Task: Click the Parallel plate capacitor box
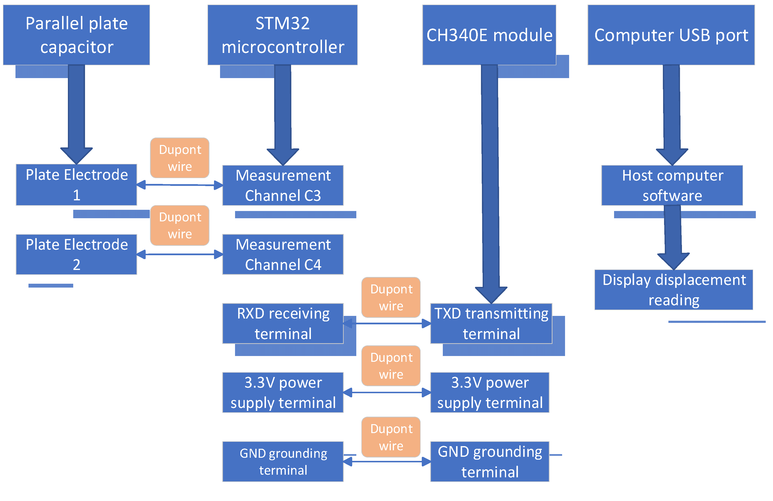coord(76,35)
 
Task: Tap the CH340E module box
coord(489,35)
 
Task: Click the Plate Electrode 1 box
coord(76,185)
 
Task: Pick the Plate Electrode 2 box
coord(76,254)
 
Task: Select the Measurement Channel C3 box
coord(283,185)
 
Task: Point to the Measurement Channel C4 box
coord(283,254)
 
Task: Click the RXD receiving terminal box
coord(283,323)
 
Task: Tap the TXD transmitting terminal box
coord(491,323)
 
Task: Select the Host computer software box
coord(672,185)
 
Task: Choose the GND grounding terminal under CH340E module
coord(489,461)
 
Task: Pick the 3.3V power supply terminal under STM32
coord(283,392)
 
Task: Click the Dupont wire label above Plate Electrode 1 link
coord(180,158)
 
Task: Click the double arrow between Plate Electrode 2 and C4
coord(180,254)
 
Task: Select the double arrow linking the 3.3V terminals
coord(387,392)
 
